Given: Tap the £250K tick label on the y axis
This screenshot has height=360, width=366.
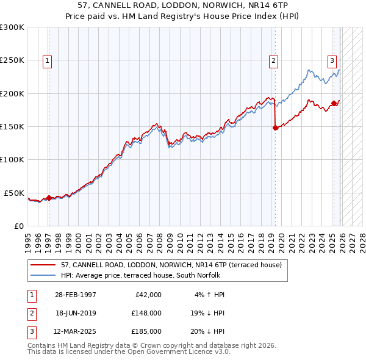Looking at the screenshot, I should (12, 60).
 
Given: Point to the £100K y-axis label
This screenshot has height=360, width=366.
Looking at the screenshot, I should (12, 159).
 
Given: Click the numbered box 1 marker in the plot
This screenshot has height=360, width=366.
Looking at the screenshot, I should (47, 60).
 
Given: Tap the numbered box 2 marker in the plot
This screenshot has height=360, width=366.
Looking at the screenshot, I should (274, 60).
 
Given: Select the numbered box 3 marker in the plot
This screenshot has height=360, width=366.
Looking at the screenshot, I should (332, 60).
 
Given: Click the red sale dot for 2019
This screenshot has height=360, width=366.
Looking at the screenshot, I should (275, 128).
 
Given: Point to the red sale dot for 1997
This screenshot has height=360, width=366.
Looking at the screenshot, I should (49, 198).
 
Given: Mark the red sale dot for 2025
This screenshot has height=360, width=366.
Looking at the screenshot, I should (334, 103).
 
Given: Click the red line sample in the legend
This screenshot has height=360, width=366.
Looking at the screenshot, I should (43, 265).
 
